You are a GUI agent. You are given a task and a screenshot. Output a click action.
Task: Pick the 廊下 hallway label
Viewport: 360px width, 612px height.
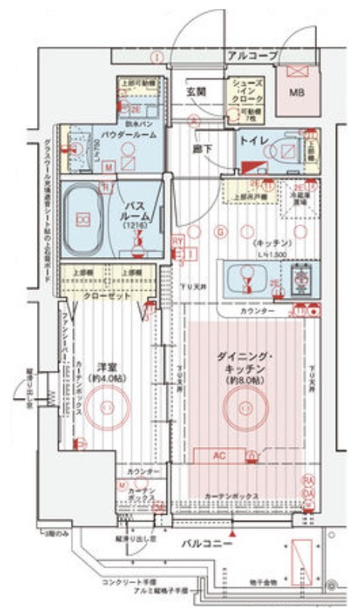pos(203,149)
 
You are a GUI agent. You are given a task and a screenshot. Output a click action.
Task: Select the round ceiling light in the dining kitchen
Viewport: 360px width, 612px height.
pos(244,408)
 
